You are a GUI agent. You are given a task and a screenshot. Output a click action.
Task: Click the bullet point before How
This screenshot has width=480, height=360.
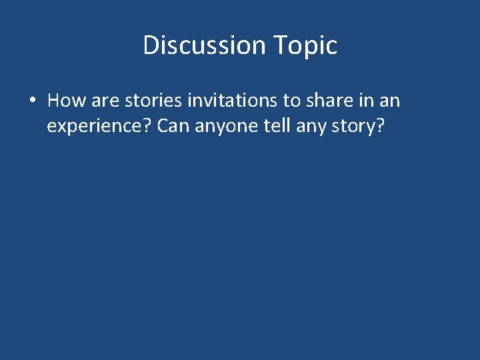31,101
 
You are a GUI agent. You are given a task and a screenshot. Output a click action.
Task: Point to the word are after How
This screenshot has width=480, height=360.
102,101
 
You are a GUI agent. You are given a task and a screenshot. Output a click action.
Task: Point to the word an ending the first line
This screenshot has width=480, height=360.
390,101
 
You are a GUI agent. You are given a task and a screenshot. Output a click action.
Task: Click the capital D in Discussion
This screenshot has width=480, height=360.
151,45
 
